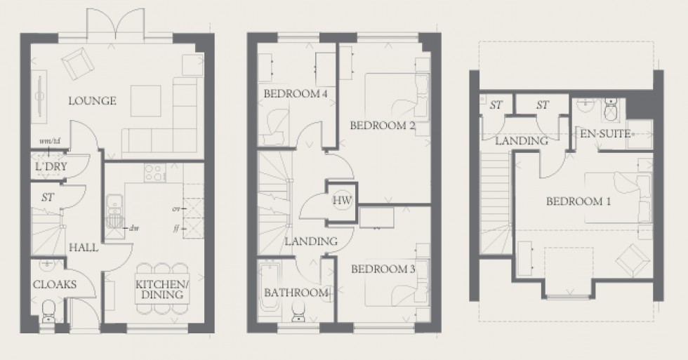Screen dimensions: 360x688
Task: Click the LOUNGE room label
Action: [92, 101]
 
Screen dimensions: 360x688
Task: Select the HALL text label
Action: [83, 248]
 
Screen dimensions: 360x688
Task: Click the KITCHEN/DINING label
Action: [160, 289]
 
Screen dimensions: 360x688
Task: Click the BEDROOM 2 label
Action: [383, 126]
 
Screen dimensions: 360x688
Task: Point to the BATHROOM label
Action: [296, 293]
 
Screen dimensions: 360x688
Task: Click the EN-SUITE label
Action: [602, 133]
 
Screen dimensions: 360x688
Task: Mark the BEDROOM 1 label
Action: [578, 201]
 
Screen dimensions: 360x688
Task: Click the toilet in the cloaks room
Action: [48, 312]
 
